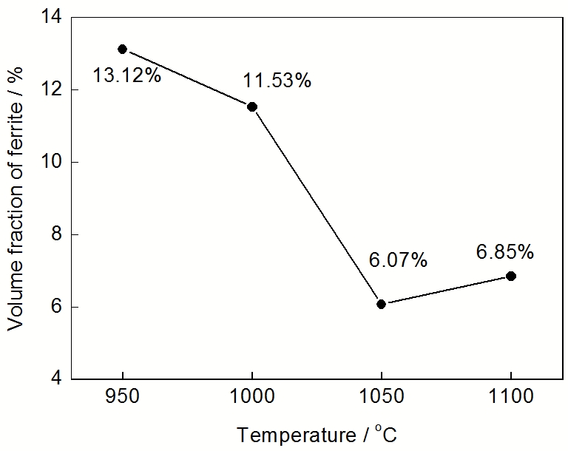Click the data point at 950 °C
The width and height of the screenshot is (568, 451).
click(x=123, y=49)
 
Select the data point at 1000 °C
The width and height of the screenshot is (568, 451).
click(x=252, y=106)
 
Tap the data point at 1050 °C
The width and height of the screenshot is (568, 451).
click(x=381, y=304)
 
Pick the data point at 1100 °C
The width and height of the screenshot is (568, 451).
click(x=510, y=276)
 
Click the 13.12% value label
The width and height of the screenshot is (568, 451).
click(x=127, y=75)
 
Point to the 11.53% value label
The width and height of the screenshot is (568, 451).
click(x=277, y=81)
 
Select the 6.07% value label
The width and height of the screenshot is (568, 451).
click(x=398, y=260)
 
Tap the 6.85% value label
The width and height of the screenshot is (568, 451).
click(x=505, y=252)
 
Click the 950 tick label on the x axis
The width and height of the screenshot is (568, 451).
click(x=123, y=397)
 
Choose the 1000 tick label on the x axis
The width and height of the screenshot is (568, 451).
click(x=252, y=397)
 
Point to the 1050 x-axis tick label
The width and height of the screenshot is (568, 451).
click(x=381, y=397)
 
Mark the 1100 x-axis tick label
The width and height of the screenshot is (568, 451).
click(x=510, y=397)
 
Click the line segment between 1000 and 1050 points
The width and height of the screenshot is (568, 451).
click(x=317, y=206)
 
